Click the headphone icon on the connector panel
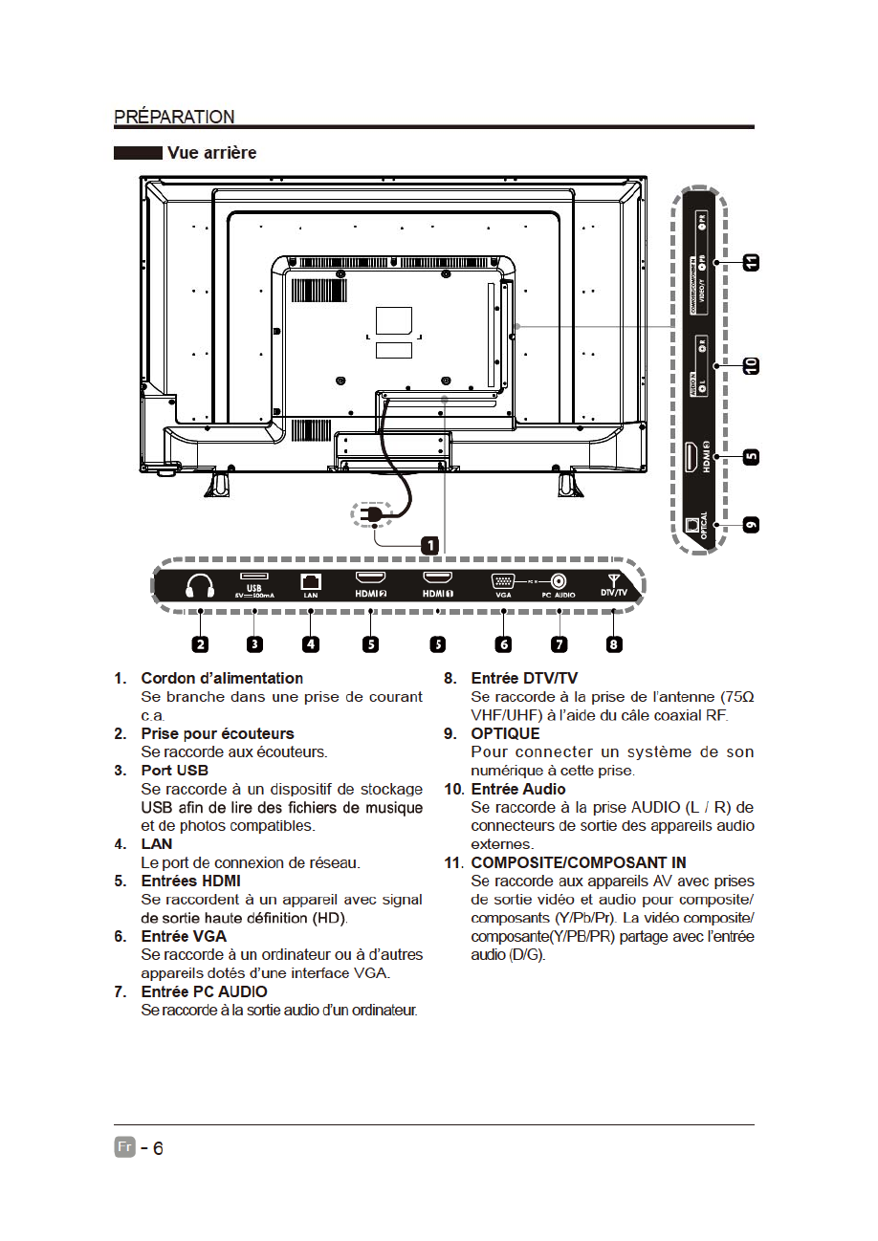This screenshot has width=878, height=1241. point(200,585)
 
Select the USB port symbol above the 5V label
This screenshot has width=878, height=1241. point(254,576)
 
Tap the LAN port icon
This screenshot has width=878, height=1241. point(310,580)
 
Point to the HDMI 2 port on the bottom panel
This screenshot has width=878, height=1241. point(370,578)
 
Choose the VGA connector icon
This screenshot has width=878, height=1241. point(503,580)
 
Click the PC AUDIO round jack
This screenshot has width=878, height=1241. point(559,580)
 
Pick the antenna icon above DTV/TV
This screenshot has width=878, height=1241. point(614,578)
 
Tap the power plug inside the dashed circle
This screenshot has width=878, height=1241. point(373,515)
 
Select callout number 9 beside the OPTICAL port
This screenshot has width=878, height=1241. point(752,525)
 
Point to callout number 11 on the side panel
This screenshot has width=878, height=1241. point(752,261)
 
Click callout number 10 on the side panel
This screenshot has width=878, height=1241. point(752,364)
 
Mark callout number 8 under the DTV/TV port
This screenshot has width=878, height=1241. point(614,643)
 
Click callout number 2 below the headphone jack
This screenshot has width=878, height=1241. point(200,643)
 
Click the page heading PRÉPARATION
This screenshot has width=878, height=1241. point(174,117)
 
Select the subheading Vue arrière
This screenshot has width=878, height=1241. point(211,153)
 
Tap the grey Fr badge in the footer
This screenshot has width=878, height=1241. point(124,1147)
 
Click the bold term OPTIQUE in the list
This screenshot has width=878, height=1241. point(505,733)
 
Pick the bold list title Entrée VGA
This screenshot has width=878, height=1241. point(184,936)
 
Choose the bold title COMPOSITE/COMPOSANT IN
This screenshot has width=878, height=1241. point(579,862)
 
